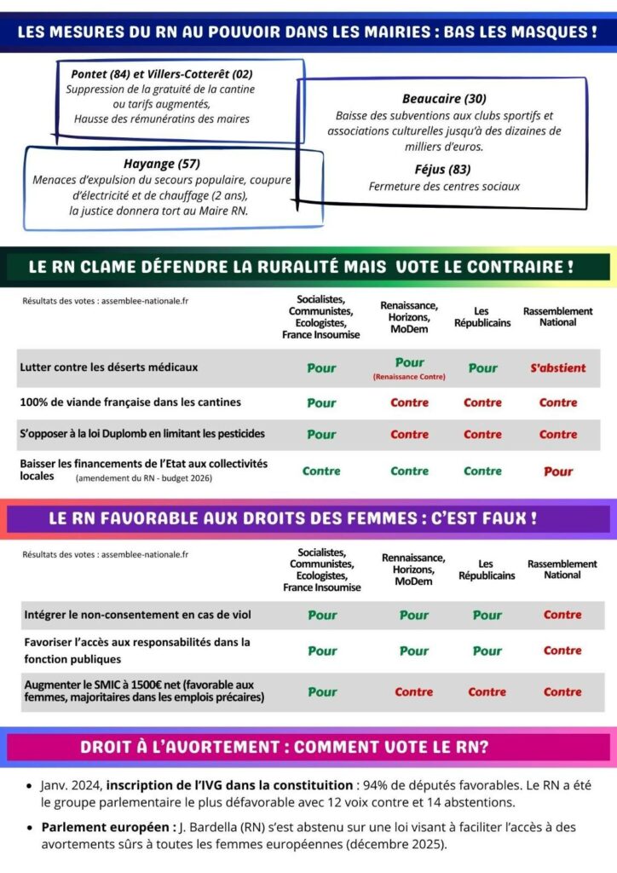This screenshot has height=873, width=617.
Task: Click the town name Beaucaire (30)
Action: [444, 98]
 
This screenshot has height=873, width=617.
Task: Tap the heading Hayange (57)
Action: [161, 164]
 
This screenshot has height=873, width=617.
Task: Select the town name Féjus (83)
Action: [442, 169]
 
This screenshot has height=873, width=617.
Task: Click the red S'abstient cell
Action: [558, 368]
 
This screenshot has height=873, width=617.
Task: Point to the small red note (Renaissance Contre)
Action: [410, 376]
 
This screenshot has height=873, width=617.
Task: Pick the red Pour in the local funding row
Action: [558, 471]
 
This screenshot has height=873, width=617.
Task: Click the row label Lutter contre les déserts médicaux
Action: [108, 367]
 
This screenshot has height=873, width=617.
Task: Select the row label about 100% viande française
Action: [130, 402]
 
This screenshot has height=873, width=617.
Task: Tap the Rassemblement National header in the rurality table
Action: [558, 316]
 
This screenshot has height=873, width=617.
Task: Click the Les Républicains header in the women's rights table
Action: [487, 569]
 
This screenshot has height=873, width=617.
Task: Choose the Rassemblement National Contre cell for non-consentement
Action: [562, 615]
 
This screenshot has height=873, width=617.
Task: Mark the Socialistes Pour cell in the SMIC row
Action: [322, 692]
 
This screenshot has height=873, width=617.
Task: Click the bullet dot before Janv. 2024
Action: [31, 786]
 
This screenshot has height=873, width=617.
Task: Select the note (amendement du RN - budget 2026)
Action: [143, 479]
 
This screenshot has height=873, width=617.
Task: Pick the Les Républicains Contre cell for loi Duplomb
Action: [482, 434]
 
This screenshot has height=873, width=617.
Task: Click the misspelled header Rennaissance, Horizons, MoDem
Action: [413, 569]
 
